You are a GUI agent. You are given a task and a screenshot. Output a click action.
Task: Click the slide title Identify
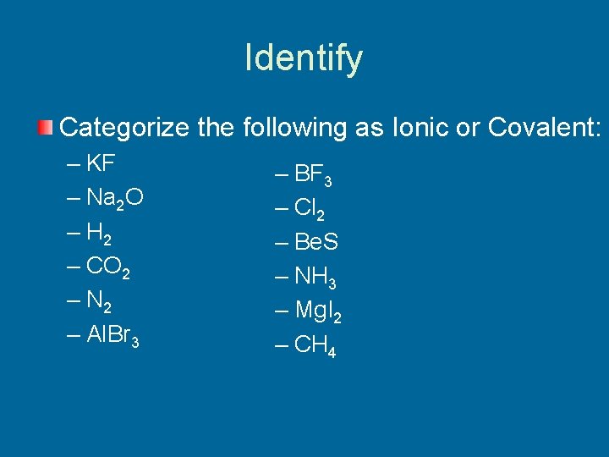click(304, 58)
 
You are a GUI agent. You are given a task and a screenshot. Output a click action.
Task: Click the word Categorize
click(125, 129)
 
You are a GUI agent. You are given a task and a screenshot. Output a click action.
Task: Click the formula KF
click(102, 162)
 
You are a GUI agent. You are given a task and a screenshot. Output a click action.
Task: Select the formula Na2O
click(115, 198)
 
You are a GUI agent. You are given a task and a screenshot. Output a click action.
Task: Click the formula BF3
click(313, 176)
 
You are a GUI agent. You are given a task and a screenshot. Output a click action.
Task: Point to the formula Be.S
click(316, 243)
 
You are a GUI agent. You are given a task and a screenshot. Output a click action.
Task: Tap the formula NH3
click(315, 277)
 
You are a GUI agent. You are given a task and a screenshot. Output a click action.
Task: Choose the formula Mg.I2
click(318, 311)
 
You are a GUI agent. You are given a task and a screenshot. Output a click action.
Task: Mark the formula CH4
click(315, 345)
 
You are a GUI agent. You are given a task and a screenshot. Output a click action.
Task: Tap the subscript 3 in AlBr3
click(135, 342)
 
